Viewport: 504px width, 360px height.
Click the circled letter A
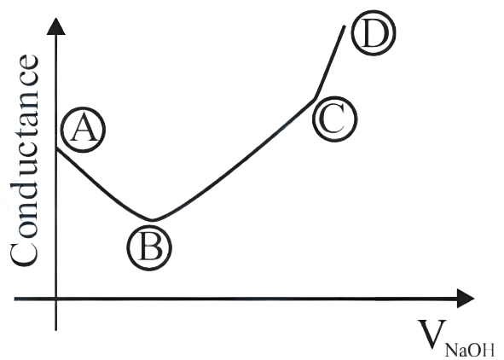click(x=84, y=130)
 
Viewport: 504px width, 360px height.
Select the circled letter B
click(x=149, y=247)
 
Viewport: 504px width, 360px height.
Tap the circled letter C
click(x=335, y=119)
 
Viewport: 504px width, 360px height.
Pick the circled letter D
click(x=374, y=32)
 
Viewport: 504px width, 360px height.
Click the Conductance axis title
click(x=24, y=160)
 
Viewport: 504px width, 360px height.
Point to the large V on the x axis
click(x=432, y=334)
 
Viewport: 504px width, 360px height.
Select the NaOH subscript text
click(x=470, y=350)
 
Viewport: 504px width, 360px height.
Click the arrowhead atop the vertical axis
click(x=56, y=26)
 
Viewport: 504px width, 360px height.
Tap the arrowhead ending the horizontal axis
click(x=466, y=299)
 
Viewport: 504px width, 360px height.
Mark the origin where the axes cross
click(x=56, y=299)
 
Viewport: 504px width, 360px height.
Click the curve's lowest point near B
click(x=152, y=220)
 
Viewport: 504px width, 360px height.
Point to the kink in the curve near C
click(x=315, y=98)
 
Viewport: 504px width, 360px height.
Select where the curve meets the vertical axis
click(x=56, y=148)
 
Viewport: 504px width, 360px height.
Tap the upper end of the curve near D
click(x=345, y=26)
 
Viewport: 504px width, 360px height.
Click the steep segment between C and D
click(x=330, y=61)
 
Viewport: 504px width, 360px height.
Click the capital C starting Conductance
click(x=24, y=253)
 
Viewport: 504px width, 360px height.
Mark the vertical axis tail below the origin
click(x=56, y=316)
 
